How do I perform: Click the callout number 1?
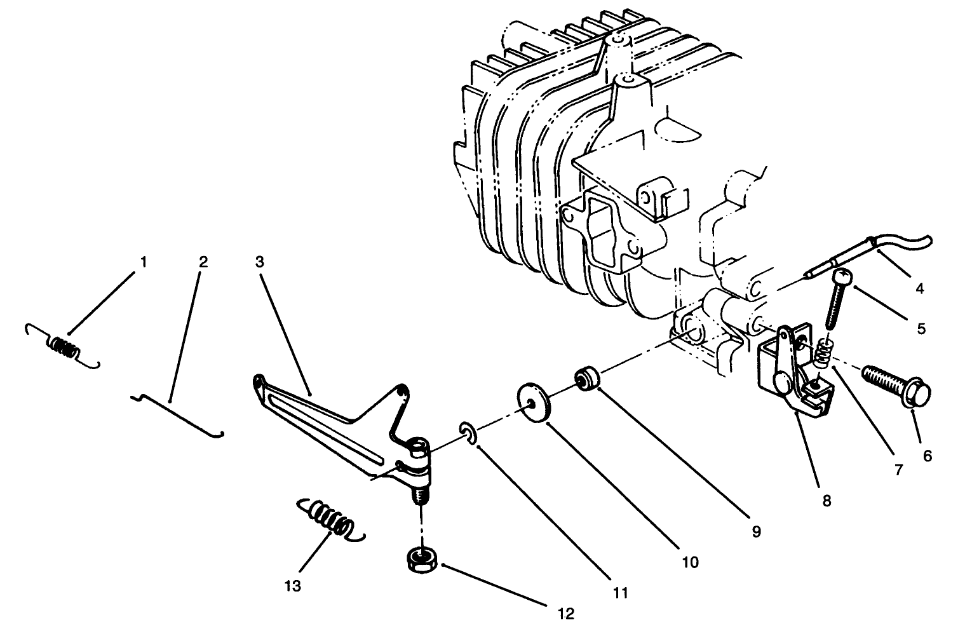click(144, 262)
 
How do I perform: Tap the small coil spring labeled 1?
click(63, 347)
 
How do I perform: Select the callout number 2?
click(203, 262)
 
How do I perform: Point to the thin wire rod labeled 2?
click(178, 413)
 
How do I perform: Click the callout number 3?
click(260, 262)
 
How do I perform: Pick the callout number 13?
click(293, 585)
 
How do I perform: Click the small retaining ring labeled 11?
click(468, 436)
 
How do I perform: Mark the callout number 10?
click(690, 562)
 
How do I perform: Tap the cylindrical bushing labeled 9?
click(588, 380)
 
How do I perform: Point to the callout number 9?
click(755, 531)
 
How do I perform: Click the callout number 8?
click(826, 500)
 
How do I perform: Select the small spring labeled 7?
click(823, 353)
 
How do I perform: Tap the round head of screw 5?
click(841, 277)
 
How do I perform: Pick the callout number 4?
click(919, 288)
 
